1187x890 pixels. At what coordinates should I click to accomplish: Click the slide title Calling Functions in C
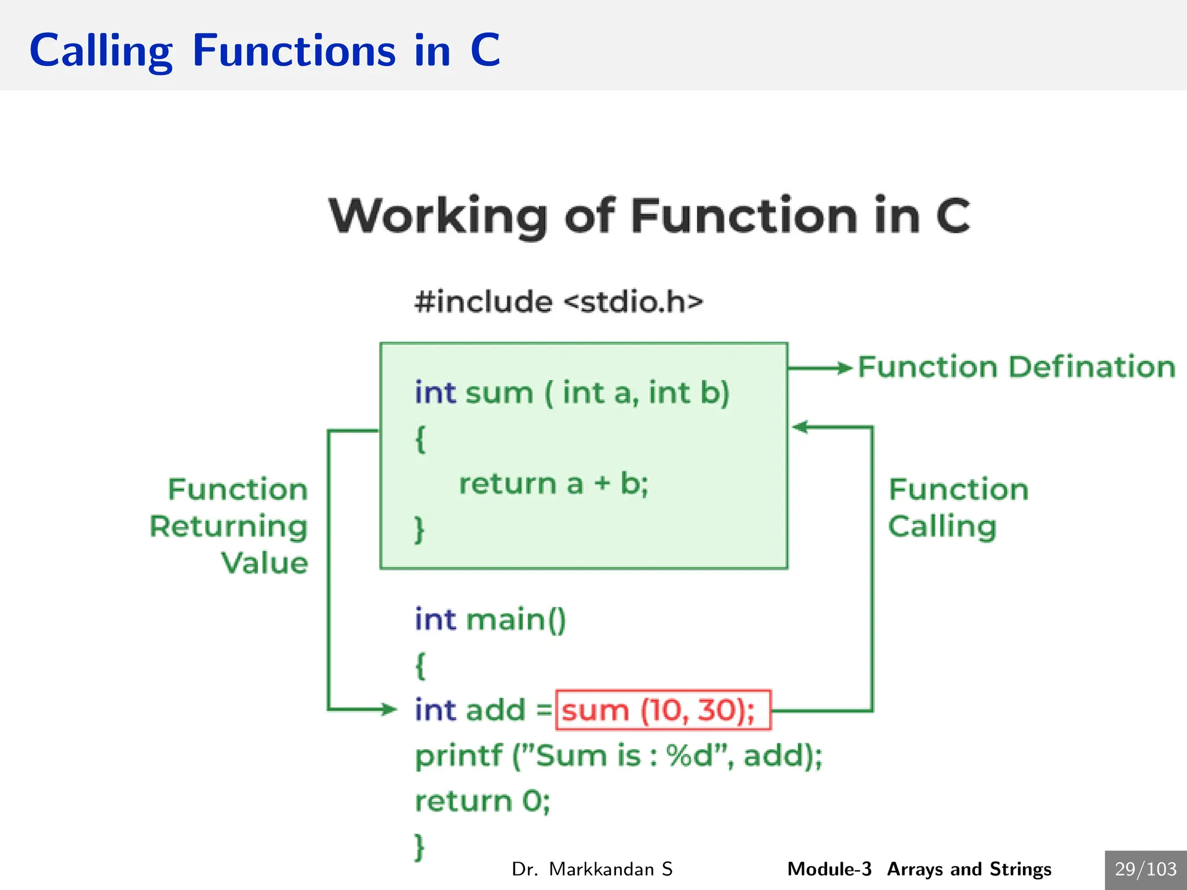264,50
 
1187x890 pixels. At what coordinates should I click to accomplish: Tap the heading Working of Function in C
649,216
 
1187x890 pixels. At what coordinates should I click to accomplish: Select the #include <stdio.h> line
559,302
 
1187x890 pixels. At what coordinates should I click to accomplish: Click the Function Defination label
1016,367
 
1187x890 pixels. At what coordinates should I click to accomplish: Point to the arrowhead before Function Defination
844,368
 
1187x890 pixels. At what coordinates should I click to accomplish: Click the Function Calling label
957,508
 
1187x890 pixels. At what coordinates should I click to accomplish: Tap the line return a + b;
554,484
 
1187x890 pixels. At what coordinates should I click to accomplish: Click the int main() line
490,619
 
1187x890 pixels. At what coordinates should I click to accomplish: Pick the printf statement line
618,756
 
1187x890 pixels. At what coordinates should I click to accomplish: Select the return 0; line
482,801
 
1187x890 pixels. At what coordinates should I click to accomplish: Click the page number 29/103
1145,869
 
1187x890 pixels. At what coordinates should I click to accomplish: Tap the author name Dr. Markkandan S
592,869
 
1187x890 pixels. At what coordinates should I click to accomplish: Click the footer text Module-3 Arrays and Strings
919,869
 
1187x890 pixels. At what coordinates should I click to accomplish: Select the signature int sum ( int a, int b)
572,393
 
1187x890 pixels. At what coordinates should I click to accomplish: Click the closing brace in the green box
420,530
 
